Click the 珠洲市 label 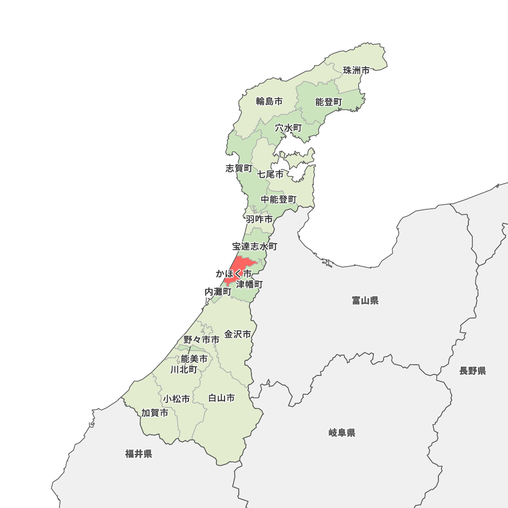pyautogui.click(x=356, y=71)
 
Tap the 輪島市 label pyautogui.click(x=269, y=101)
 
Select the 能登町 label pyautogui.click(x=329, y=102)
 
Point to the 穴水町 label pyautogui.click(x=289, y=128)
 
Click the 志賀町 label pyautogui.click(x=239, y=168)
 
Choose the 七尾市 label pyautogui.click(x=270, y=174)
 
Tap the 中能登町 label pyautogui.click(x=279, y=200)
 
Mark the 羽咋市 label pyautogui.click(x=259, y=219)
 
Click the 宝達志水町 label pyautogui.click(x=255, y=246)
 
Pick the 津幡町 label pyautogui.click(x=249, y=284)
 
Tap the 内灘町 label pyautogui.click(x=218, y=292)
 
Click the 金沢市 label pyautogui.click(x=238, y=334)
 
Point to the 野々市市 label pyautogui.click(x=202, y=339)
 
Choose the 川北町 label pyautogui.click(x=184, y=369)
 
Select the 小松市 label pyautogui.click(x=177, y=399)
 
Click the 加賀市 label pyautogui.click(x=155, y=413)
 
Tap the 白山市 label pyautogui.click(x=221, y=398)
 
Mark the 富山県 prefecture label pyautogui.click(x=365, y=301)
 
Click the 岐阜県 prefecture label pyautogui.click(x=342, y=433)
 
